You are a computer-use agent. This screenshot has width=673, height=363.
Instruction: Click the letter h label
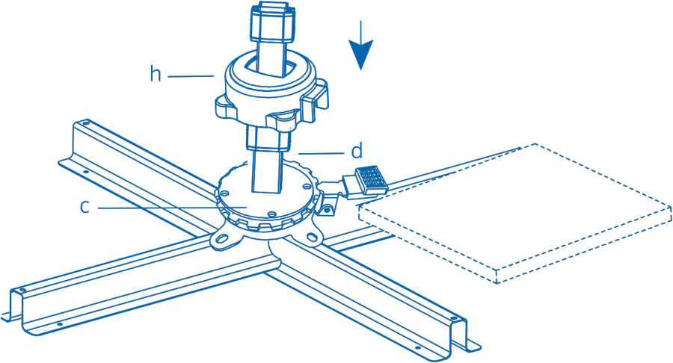(x=156, y=74)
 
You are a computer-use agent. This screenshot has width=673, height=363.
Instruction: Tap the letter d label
(x=357, y=150)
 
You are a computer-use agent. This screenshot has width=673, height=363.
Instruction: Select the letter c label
(x=85, y=207)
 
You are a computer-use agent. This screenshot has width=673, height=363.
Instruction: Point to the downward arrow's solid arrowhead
(x=361, y=55)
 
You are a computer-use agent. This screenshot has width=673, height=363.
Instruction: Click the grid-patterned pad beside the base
(x=371, y=179)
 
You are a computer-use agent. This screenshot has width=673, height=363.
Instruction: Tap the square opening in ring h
(x=271, y=69)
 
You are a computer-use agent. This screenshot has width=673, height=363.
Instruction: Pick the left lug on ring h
(x=225, y=107)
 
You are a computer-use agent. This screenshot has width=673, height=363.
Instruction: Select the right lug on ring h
(x=316, y=99)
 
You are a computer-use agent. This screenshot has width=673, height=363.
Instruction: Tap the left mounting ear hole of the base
(x=222, y=238)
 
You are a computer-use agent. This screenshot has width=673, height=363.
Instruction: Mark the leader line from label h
(x=191, y=76)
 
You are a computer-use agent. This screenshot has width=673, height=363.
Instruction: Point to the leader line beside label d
(x=321, y=153)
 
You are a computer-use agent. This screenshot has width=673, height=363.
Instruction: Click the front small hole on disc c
(x=271, y=213)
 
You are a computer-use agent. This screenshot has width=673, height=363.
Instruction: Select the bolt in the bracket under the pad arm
(x=328, y=210)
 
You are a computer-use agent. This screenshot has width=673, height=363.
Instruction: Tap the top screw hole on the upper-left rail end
(x=86, y=123)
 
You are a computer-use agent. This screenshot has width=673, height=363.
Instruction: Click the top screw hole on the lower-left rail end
(x=22, y=290)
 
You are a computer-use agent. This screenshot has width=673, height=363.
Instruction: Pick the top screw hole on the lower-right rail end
(x=453, y=318)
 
